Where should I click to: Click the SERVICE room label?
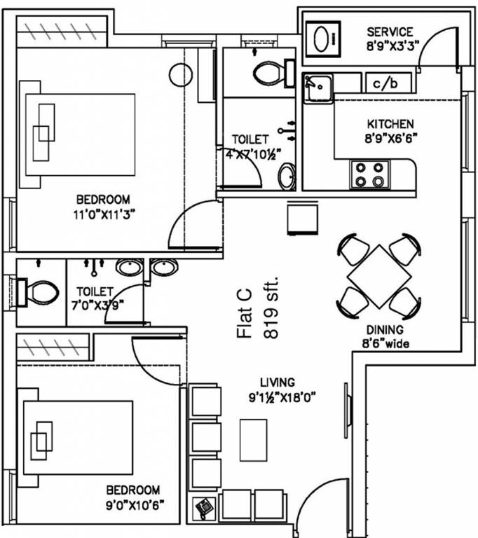tap(390, 32)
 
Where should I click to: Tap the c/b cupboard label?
tap(385, 83)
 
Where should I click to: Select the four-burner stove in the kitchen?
tap(369, 174)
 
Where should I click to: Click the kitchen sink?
tap(317, 88)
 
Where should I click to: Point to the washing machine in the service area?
tap(323, 39)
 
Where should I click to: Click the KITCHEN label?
tap(390, 124)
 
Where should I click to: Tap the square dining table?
tap(379, 277)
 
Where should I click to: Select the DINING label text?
tap(385, 330)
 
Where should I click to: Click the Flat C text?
tap(245, 313)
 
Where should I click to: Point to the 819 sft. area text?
tap(271, 307)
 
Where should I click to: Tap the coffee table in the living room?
tap(254, 440)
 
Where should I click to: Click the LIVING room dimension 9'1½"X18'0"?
tap(282, 398)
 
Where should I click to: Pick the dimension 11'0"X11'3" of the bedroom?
tap(104, 215)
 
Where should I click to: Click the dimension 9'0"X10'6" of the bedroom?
tap(135, 505)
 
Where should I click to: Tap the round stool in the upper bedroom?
tap(181, 75)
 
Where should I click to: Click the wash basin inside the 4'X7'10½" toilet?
tap(287, 177)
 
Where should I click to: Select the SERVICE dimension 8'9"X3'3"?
tap(392, 46)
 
